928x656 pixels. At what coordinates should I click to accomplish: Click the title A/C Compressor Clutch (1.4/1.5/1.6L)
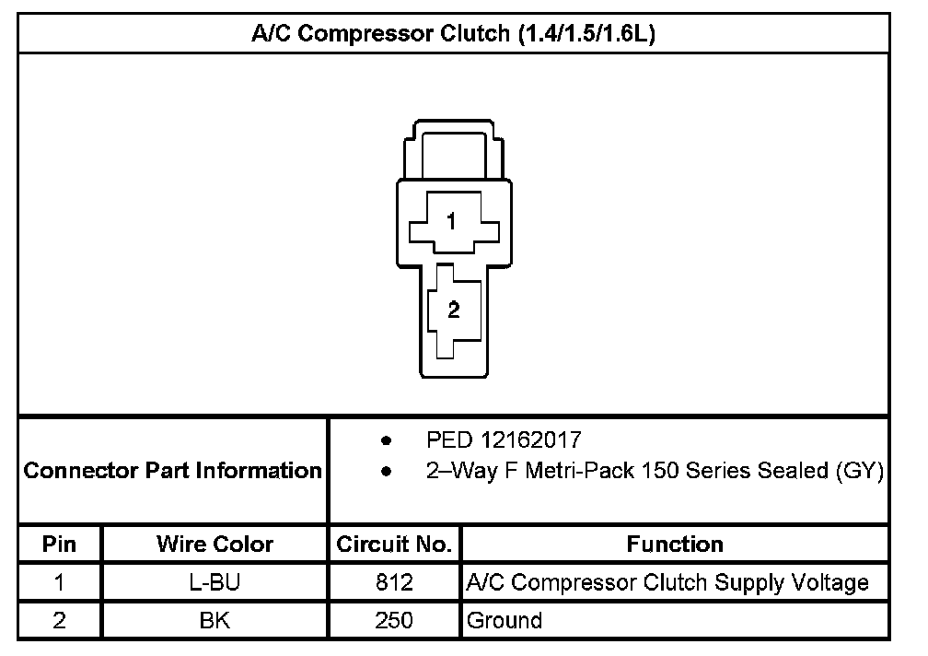click(x=453, y=33)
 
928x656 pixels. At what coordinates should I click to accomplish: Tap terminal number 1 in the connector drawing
click(x=451, y=221)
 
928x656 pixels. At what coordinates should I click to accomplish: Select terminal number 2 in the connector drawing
click(x=453, y=310)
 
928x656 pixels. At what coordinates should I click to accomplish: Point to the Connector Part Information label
click(x=172, y=470)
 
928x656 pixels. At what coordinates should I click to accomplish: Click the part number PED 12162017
click(x=504, y=439)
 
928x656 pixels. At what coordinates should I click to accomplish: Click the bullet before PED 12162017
click(x=387, y=440)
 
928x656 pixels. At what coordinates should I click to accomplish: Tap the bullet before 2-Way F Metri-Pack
click(x=387, y=472)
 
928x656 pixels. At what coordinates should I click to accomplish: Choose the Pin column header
click(x=59, y=544)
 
